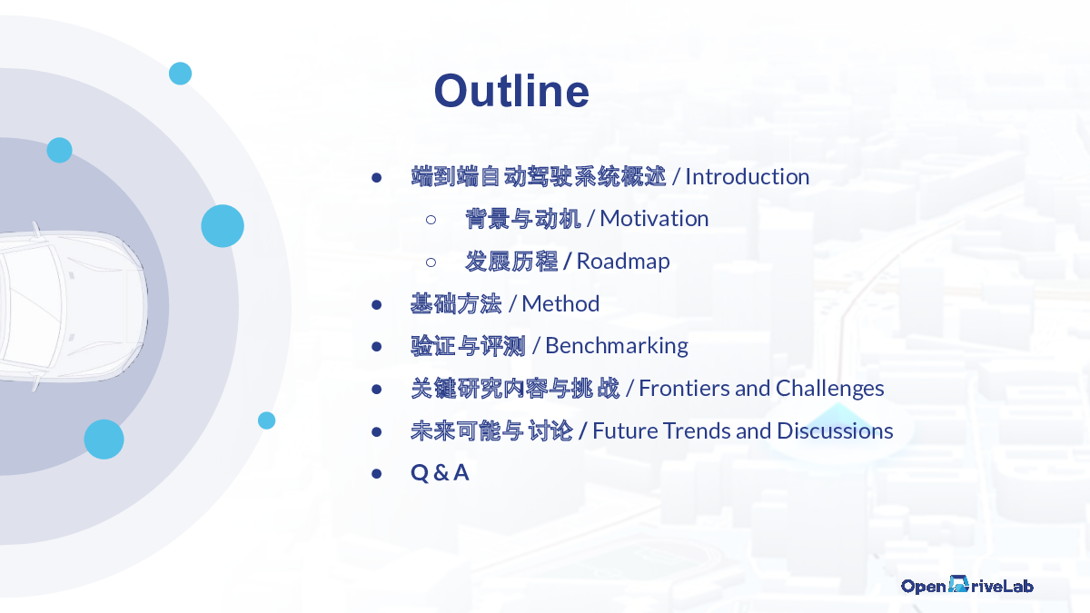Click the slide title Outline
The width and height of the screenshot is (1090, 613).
click(x=511, y=91)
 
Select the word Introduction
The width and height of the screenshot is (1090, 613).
click(x=747, y=176)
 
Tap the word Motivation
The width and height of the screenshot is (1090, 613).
click(x=654, y=219)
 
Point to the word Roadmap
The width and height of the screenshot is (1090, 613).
click(x=623, y=262)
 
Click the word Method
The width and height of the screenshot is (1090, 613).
click(x=560, y=303)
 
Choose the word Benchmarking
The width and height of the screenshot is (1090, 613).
click(x=617, y=346)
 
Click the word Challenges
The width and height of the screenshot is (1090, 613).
click(x=829, y=389)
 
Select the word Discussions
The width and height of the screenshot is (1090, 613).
click(x=835, y=430)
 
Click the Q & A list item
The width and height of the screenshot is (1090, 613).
click(x=440, y=473)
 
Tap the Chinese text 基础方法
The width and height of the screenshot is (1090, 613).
click(x=456, y=304)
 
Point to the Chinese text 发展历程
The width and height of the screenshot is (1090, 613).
click(x=510, y=262)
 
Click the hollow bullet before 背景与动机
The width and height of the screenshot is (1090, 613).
click(x=431, y=220)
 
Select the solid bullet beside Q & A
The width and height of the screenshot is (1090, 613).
click(x=376, y=473)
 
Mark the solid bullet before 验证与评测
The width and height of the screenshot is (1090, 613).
click(x=376, y=346)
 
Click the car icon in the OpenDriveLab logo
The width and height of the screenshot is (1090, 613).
click(x=958, y=584)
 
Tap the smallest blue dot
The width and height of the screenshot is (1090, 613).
click(x=267, y=420)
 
